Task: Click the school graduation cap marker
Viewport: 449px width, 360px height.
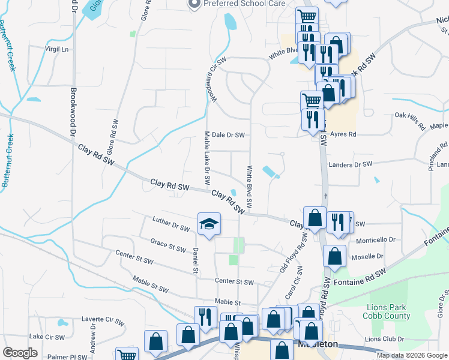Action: tap(209, 225)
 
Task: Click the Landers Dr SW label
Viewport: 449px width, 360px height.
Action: tap(350, 164)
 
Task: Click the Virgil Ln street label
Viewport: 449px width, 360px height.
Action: tap(57, 48)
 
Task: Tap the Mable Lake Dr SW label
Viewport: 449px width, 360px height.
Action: tap(206, 158)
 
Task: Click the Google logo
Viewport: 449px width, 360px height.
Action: tap(20, 353)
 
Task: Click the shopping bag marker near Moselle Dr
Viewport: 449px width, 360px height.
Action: tap(334, 256)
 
